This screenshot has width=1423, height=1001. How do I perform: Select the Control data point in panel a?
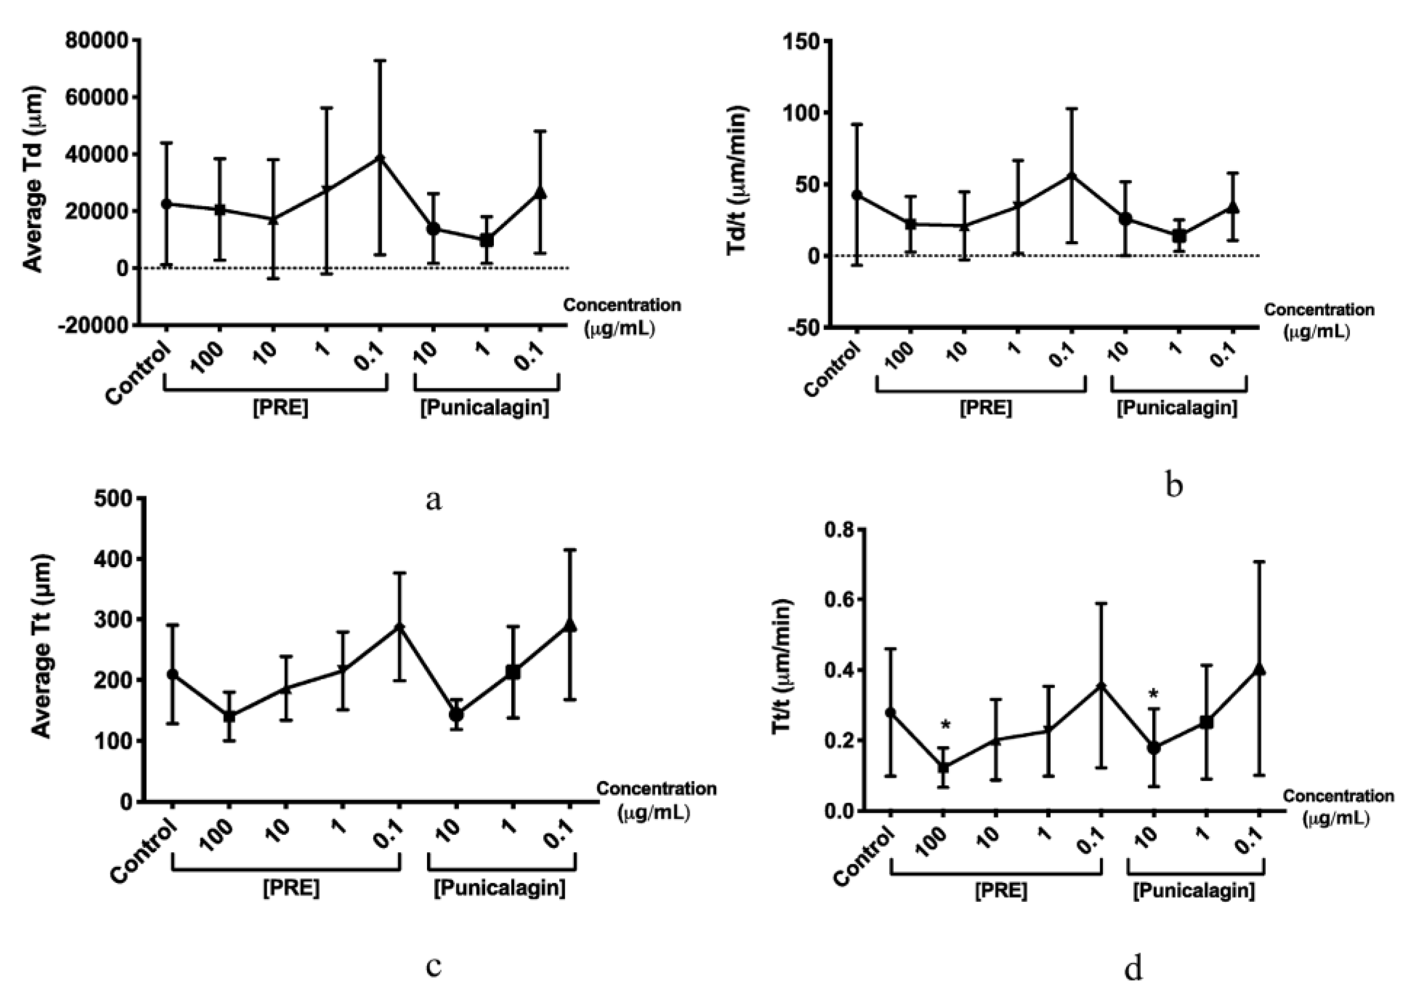166,203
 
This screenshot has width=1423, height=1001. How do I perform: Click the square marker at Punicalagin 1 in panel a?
487,240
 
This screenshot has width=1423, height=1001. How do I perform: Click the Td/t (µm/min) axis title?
737,180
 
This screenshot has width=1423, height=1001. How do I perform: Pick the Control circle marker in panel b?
857,195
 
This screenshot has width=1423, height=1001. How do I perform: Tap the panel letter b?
1173,485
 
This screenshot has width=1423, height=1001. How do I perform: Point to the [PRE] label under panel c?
291,888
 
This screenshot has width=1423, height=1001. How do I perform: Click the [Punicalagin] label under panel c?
500,888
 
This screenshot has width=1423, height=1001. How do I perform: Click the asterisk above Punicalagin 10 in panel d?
1153,695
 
